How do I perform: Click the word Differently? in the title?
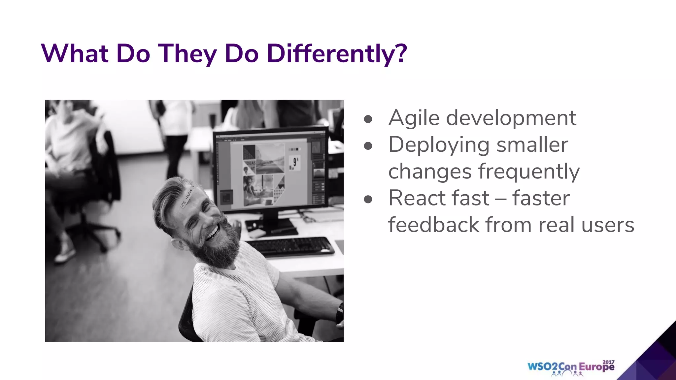point(337,53)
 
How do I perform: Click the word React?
point(417,198)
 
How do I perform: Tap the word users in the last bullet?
point(608,225)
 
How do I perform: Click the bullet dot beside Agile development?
point(368,119)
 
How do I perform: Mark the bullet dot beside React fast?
point(368,199)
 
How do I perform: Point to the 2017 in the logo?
point(608,362)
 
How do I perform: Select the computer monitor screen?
point(271,172)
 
